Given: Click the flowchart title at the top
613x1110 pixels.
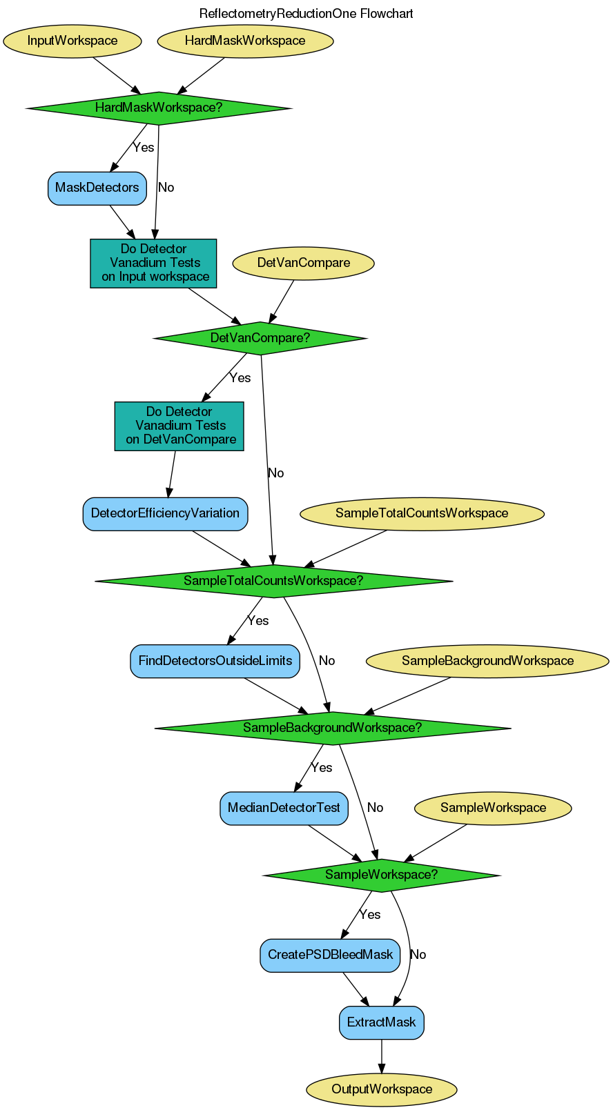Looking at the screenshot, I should coord(306,14).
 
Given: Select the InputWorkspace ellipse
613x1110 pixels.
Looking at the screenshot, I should coord(72,41).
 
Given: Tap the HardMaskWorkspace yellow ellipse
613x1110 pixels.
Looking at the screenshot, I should coord(245,41).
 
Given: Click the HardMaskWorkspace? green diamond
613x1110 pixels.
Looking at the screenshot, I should coord(159,108).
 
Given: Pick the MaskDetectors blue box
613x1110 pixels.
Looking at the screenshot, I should coord(97,188).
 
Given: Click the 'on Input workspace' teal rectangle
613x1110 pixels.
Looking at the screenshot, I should coord(154,263).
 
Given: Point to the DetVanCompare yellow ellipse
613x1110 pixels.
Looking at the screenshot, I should coord(304,263).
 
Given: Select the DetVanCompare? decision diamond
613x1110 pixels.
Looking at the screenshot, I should coord(260,338).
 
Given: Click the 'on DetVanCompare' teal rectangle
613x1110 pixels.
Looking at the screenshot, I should coord(179,426).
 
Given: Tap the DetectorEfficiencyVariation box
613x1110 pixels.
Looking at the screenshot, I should coord(165,513).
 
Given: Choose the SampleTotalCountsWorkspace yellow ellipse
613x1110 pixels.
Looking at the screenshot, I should coord(422,513).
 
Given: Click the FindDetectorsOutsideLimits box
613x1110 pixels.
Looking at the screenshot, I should coord(215,661).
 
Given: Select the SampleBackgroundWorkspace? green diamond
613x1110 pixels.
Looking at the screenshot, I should coord(333,728).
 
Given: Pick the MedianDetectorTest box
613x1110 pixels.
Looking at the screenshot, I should coord(284,808).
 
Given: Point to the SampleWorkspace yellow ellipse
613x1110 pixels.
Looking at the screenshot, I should coord(493,808).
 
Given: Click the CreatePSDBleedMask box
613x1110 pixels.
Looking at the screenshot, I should coord(330,955).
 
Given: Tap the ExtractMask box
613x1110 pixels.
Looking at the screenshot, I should coord(382,1022).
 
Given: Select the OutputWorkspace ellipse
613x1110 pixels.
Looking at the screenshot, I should coord(382,1089).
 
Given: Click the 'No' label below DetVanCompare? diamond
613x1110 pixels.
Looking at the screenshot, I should coord(275,473).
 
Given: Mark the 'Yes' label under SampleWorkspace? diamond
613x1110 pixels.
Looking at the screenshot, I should coord(370,915).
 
